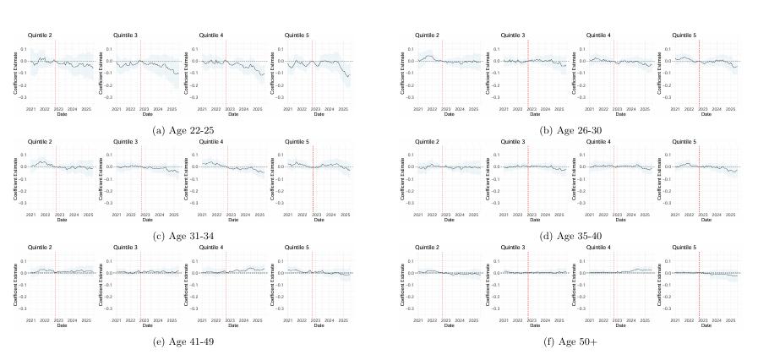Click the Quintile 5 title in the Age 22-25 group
296,35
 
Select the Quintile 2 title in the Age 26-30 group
427,35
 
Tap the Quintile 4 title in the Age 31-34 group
210,141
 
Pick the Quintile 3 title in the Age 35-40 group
512,141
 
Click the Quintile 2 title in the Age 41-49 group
40,247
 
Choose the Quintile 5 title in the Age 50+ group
684,247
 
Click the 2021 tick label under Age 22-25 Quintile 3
117,108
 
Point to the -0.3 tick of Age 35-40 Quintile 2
411,203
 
